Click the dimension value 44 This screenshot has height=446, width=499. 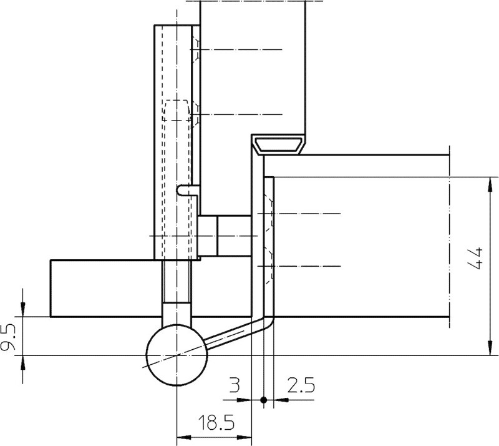[475, 258]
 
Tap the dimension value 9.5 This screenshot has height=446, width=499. [7, 337]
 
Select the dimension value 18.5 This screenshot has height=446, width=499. [216, 422]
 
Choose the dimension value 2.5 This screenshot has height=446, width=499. [301, 385]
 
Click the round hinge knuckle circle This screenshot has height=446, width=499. [177, 355]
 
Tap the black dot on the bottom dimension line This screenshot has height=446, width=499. [263, 399]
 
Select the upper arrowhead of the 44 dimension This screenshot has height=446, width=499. [489, 184]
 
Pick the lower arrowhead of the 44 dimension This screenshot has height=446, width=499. [489, 347]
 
